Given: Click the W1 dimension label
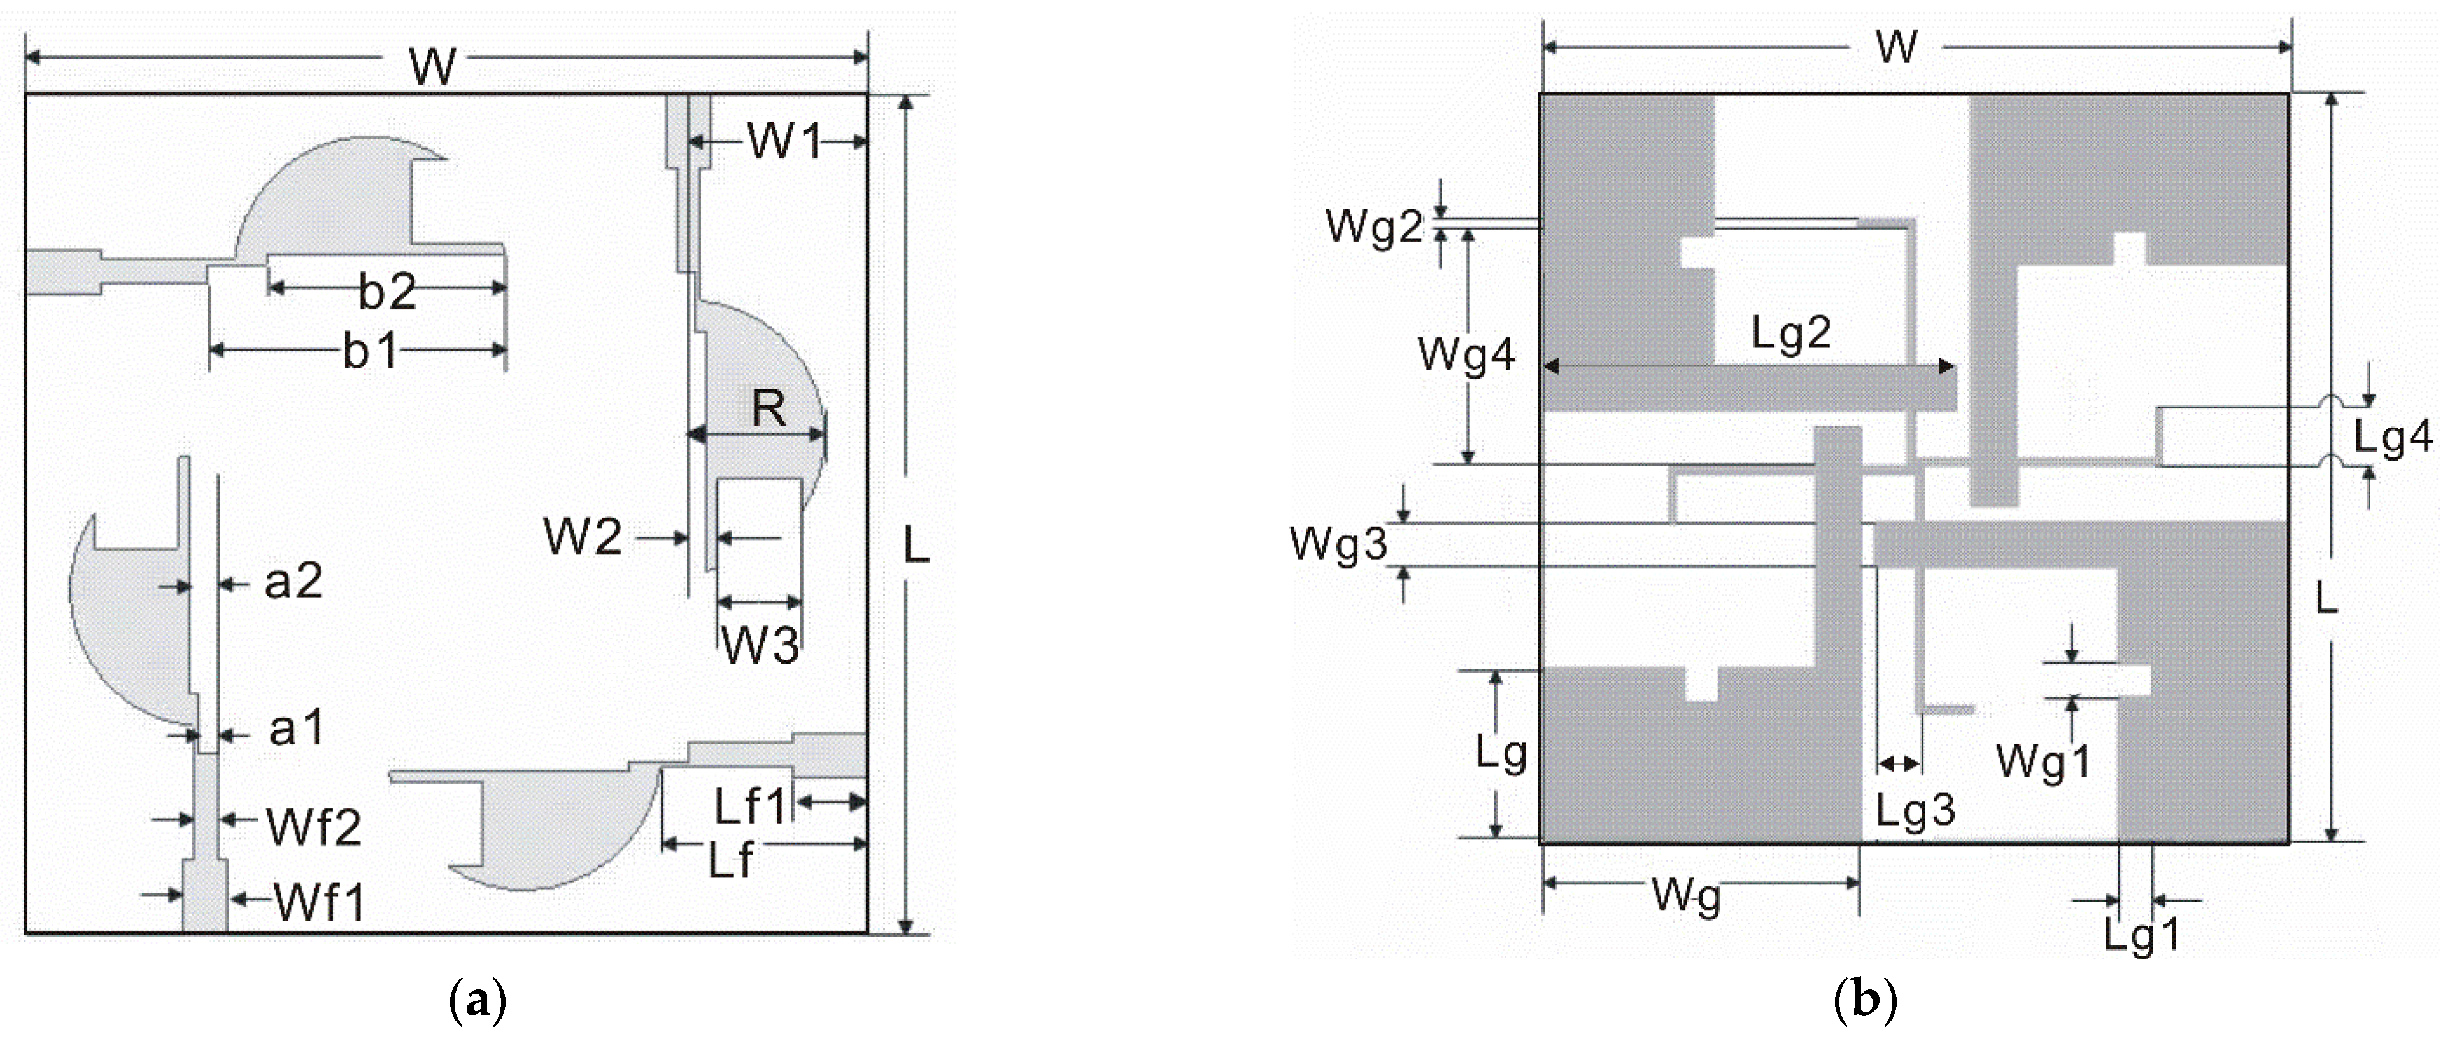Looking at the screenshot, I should click(x=783, y=141).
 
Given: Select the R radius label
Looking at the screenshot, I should click(x=769, y=410).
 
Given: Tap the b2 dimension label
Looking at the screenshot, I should click(x=387, y=293).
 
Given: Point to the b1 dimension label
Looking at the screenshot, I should click(x=370, y=352).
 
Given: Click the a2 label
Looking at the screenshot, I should click(x=293, y=581).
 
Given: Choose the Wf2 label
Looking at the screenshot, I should click(x=314, y=828).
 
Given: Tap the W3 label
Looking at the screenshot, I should click(x=760, y=646).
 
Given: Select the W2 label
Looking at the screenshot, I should click(x=583, y=538).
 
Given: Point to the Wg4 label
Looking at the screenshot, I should click(x=1466, y=356).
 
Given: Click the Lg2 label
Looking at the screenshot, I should click(x=1790, y=333).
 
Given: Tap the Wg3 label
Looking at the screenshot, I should click(x=1339, y=545).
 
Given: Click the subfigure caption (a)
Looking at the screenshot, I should click(x=476, y=1002).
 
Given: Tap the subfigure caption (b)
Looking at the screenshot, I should click(x=1864, y=1002).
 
